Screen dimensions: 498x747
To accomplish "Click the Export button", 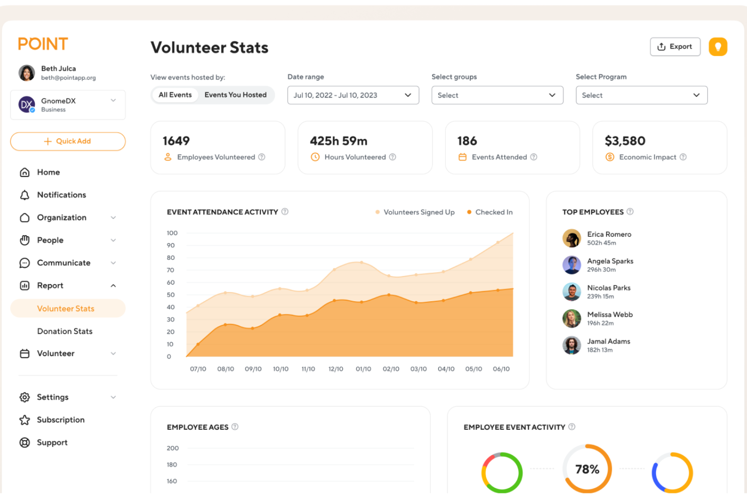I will pos(675,47).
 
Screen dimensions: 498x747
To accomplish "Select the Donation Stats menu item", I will pos(65,331).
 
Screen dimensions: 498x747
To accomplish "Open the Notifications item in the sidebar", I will pos(61,195).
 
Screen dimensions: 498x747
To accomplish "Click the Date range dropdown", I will pos(353,95).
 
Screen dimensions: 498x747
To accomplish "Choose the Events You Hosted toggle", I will pos(235,95).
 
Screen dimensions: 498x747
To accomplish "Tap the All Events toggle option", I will pos(175,95).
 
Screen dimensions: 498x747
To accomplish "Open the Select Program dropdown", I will pos(641,95).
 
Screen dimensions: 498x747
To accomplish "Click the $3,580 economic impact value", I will pos(625,141).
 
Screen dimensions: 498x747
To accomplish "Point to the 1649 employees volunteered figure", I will pos(176,141).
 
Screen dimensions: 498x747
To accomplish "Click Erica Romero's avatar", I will pos(571,238).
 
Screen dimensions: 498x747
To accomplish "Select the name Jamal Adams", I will pos(608,342).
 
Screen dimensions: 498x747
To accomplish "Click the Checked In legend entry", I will pos(493,212).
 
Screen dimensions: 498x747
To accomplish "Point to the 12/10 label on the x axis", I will pos(336,369).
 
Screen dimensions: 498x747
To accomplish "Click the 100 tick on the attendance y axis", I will pos(172,233).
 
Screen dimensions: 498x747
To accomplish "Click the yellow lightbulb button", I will pos(717,47).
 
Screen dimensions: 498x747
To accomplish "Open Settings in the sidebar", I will pos(52,397).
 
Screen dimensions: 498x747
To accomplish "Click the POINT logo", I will pos(43,44).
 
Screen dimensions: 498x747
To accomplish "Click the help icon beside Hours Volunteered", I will pos(393,157).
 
